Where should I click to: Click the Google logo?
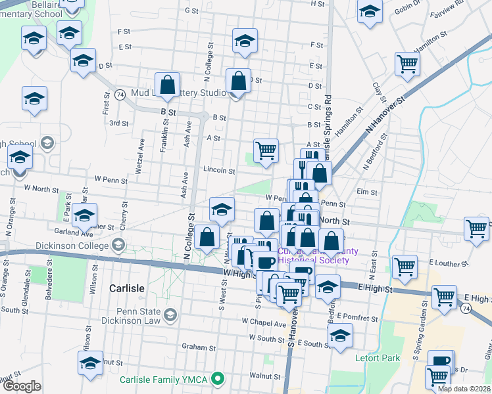click(22, 386)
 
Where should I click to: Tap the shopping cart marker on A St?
click(266, 150)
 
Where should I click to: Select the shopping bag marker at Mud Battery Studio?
click(168, 85)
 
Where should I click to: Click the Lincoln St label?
click(219, 170)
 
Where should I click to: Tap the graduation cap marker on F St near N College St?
click(245, 41)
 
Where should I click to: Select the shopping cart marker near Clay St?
click(408, 64)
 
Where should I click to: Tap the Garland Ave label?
click(74, 232)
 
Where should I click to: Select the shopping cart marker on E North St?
click(477, 229)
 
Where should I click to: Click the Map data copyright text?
click(464, 389)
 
